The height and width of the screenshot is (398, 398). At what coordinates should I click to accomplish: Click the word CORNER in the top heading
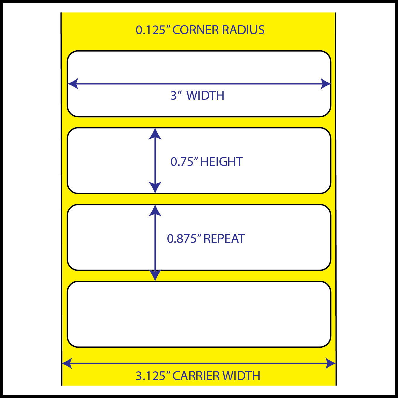(x=195, y=30)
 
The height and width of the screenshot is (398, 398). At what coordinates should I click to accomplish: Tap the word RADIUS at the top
(x=243, y=30)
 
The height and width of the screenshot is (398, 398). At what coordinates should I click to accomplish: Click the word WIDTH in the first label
(x=205, y=95)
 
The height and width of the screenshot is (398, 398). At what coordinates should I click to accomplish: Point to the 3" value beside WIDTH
(x=176, y=95)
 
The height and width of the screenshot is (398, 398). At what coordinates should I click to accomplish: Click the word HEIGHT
(x=221, y=162)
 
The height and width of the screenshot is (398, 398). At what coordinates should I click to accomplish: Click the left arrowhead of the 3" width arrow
(x=73, y=84)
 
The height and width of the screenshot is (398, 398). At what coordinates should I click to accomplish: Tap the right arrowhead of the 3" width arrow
(x=325, y=84)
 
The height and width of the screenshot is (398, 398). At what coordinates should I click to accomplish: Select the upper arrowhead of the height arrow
(x=155, y=134)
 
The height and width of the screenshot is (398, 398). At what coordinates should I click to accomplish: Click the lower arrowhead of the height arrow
(x=155, y=188)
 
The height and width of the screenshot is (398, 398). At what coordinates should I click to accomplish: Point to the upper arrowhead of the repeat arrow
(x=155, y=210)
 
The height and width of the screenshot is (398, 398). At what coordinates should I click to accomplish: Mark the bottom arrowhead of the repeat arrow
(x=155, y=275)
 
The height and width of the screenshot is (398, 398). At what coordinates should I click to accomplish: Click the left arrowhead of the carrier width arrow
(x=67, y=363)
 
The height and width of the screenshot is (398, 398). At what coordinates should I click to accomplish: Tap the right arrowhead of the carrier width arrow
(x=330, y=363)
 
